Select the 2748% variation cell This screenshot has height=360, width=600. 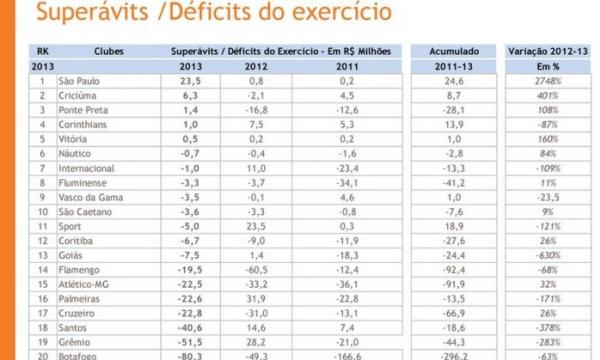tap(548, 81)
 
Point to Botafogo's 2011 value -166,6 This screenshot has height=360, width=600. tap(347, 354)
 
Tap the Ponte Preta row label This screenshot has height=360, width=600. tap(85, 110)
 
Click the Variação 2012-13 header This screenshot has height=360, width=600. tap(548, 50)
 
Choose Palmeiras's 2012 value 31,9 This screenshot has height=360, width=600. tap(258, 298)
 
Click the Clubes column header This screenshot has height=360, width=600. tap(109, 50)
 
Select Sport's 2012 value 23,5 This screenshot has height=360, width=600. tap(258, 226)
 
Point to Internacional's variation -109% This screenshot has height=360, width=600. tap(548, 168)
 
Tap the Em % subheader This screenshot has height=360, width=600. tap(548, 65)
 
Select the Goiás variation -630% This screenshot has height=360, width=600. tap(548, 255)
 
